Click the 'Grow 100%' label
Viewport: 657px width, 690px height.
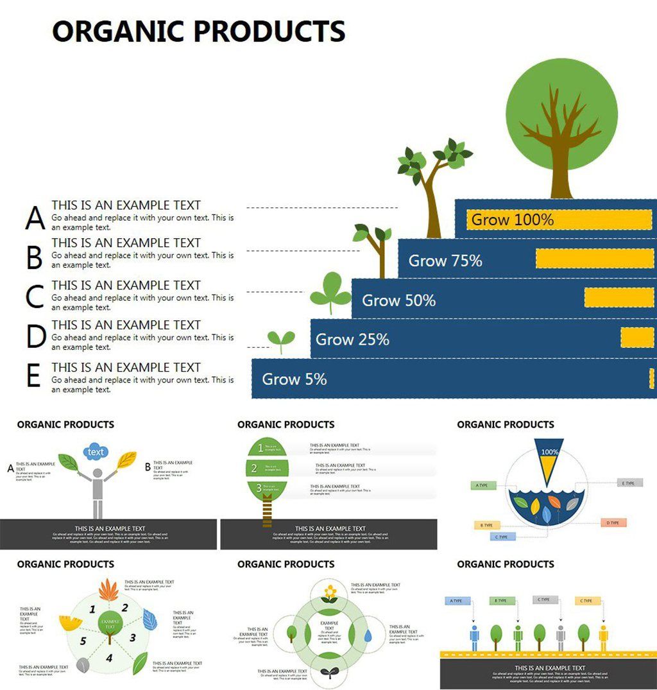pyautogui.click(x=512, y=220)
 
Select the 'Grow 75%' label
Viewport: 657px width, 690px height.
pyautogui.click(x=445, y=261)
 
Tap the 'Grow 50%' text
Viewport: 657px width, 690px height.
pyautogui.click(x=398, y=300)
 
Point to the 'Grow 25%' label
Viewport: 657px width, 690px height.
pyautogui.click(x=352, y=340)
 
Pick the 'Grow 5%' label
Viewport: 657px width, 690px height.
pyautogui.click(x=294, y=379)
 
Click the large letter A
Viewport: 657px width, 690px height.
pyautogui.click(x=35, y=218)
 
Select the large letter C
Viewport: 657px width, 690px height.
pyautogui.click(x=35, y=297)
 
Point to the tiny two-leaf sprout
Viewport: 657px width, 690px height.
pyautogui.click(x=281, y=340)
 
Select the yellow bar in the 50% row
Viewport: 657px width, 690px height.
pyautogui.click(x=619, y=297)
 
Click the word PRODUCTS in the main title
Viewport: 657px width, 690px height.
pyautogui.click(x=269, y=31)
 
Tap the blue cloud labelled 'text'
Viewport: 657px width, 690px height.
pyautogui.click(x=96, y=452)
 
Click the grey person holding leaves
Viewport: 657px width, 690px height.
pyautogui.click(x=98, y=491)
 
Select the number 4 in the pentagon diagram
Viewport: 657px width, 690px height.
pyautogui.click(x=109, y=657)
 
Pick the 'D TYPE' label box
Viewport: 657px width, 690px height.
pyautogui.click(x=613, y=523)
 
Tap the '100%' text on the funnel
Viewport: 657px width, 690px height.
pyautogui.click(x=549, y=452)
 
